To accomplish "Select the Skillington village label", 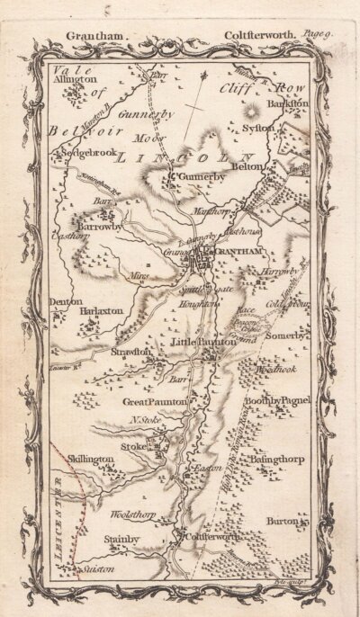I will (x=89, y=459).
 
